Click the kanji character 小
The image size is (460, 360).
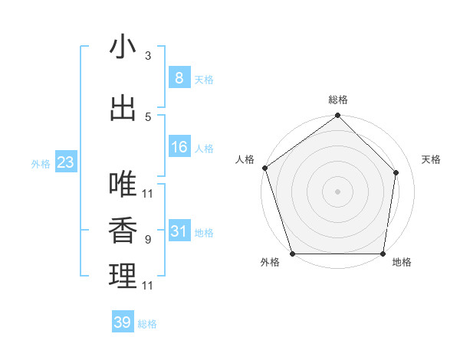[x=123, y=47]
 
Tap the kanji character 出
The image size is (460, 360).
[x=123, y=108]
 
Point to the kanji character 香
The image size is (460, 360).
[x=123, y=231]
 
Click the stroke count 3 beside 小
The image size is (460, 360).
[x=148, y=56]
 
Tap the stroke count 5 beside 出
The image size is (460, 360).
[x=148, y=116]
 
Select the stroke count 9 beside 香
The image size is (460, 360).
[x=148, y=240]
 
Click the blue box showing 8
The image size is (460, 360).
[x=179, y=78]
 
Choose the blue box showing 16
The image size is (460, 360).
[x=179, y=147]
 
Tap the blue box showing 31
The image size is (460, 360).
[x=179, y=231]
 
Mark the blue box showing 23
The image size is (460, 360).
[x=65, y=162]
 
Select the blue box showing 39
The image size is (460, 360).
[x=122, y=322]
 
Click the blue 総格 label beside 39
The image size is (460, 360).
[x=147, y=324]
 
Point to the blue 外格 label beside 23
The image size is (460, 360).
[x=41, y=163]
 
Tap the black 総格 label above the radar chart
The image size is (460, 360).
[x=338, y=100]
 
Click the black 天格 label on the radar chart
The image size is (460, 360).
[x=432, y=159]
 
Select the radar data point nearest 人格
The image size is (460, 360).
[x=264, y=168]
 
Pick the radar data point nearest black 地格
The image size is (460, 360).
[x=383, y=254]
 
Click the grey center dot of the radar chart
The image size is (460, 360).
[x=337, y=191]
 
